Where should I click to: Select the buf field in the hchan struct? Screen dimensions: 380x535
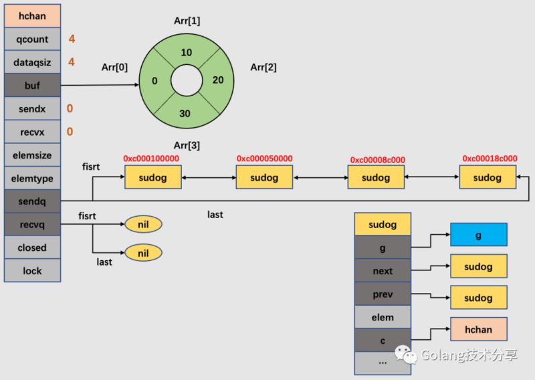(32, 86)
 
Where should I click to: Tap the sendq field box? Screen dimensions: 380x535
(32, 201)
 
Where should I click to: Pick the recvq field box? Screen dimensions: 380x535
(32, 225)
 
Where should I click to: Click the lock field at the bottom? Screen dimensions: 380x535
(32, 271)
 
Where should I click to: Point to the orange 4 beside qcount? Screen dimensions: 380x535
(72, 39)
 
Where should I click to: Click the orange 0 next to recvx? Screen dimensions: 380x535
(70, 132)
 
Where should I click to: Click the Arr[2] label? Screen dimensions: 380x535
(263, 67)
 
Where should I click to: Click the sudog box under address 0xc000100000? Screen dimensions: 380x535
(153, 178)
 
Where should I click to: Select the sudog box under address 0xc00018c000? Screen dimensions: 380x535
(487, 178)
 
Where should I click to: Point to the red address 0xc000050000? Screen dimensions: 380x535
(265, 159)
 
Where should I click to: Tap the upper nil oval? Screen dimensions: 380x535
(143, 224)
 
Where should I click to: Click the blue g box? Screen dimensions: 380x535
(478, 235)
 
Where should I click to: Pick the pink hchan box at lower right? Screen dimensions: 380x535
(478, 329)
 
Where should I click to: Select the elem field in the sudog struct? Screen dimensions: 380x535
(383, 317)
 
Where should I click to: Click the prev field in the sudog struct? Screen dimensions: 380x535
(383, 294)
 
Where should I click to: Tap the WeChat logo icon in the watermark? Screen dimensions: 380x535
(403, 354)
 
